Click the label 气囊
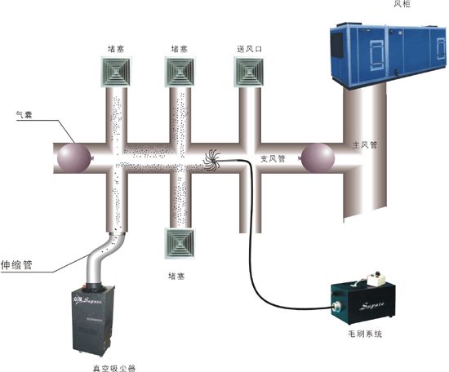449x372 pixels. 24,115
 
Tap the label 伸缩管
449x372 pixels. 16,264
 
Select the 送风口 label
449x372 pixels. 250,49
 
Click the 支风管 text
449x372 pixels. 273,158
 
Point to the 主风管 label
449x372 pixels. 365,145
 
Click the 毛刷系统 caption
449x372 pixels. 365,334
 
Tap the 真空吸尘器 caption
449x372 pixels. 114,368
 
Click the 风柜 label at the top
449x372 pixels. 402,3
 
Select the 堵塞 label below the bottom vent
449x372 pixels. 176,276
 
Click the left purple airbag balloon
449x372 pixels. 74,158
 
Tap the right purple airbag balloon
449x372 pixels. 317,158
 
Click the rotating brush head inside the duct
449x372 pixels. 212,161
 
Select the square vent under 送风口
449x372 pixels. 249,72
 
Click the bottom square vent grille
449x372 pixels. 180,244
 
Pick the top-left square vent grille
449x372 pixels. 116,72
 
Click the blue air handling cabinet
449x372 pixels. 388,53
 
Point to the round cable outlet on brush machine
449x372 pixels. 336,308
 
